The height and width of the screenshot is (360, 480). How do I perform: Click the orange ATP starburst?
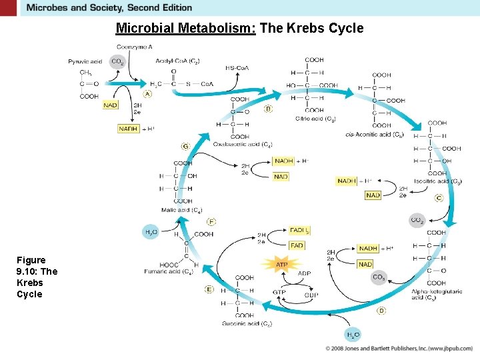coord(282,265)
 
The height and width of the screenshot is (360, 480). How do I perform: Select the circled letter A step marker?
coord(147,94)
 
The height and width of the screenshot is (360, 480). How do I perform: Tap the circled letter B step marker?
coord(269,109)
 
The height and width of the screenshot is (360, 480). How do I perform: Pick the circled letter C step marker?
coord(439,198)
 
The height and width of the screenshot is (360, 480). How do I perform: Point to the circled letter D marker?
coord(381,310)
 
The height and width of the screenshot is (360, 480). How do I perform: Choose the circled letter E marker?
coord(209,289)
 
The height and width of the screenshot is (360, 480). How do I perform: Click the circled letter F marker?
coord(211,221)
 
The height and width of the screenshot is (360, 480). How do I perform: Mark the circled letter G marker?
coord(185,146)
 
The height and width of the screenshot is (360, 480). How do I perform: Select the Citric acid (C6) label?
coord(315,119)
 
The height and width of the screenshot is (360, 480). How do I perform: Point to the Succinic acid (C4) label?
coord(247,324)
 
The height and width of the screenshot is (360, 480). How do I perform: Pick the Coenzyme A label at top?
coord(135,47)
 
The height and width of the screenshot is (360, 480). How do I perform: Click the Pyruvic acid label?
coord(85,61)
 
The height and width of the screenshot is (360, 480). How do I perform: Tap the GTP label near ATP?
coord(279,292)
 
